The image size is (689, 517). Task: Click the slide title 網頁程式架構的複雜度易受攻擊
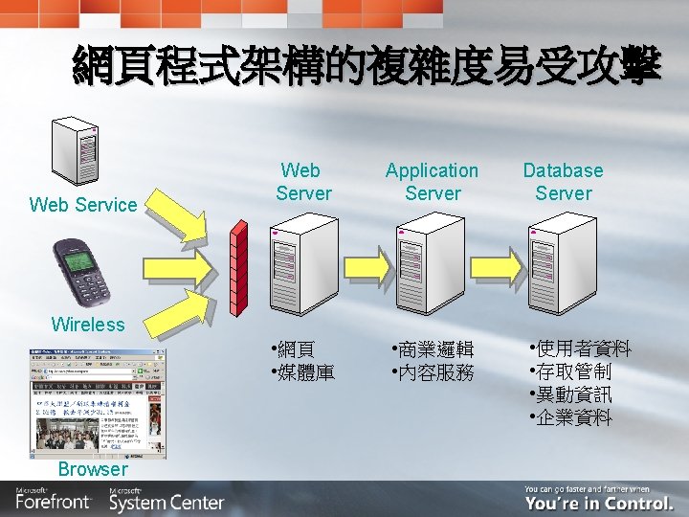tap(367, 68)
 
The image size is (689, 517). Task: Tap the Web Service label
tap(83, 204)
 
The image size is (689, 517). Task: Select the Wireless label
tap(88, 324)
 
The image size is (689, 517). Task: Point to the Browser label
tap(92, 469)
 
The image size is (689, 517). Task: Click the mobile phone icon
tap(80, 271)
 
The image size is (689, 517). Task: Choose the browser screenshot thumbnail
tap(97, 403)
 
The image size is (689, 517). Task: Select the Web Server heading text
tap(303, 182)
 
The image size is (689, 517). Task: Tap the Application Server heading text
tap(432, 182)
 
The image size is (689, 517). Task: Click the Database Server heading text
tap(563, 182)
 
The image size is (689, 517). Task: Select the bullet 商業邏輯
tap(435, 348)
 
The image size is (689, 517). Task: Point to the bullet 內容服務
tap(435, 371)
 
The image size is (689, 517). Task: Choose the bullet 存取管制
tap(572, 371)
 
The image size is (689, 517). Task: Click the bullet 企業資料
tap(572, 417)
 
